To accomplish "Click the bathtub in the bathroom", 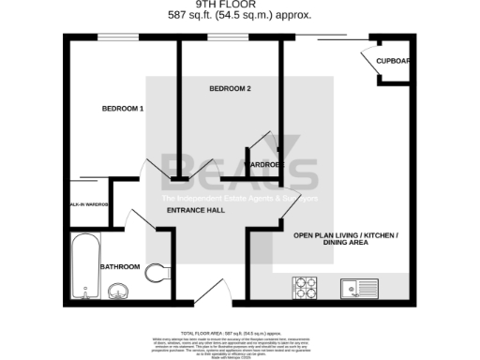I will coord(83,266).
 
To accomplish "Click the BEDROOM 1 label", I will coord(123,109).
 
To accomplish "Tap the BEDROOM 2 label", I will coord(230,89).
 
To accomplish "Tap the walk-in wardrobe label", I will coord(88,203).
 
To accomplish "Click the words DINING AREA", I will coord(346,244).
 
